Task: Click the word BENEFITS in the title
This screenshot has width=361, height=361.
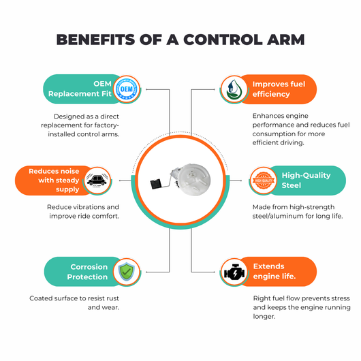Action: [95, 40]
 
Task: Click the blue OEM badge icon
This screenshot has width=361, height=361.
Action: [127, 89]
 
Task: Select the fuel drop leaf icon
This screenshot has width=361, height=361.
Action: [234, 89]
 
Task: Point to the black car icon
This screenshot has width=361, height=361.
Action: [97, 180]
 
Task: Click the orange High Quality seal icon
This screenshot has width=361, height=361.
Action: [264, 180]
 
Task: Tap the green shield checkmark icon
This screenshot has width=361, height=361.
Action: [127, 272]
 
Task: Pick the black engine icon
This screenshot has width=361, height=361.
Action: [234, 272]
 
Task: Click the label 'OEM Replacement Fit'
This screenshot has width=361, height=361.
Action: [80, 89]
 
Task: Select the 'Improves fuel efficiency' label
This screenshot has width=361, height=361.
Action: [279, 89]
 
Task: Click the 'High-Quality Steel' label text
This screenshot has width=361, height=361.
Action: [306, 180]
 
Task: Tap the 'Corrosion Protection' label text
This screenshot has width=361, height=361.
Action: [87, 272]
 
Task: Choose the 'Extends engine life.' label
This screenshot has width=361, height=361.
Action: [274, 272]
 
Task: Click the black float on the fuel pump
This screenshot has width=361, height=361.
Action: [157, 184]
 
